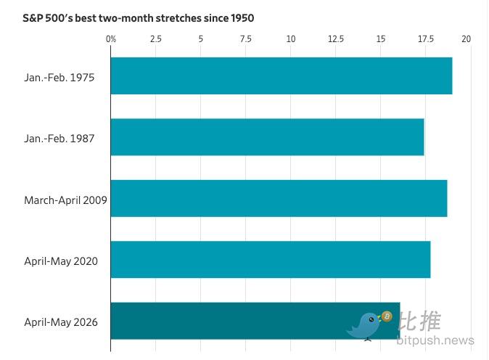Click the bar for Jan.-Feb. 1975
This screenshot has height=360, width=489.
coord(282,75)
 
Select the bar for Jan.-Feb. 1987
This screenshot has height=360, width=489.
coord(267,137)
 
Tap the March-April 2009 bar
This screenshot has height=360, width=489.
coord(279,198)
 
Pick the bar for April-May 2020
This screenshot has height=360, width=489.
coord(271,260)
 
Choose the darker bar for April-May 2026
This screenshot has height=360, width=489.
coord(255,321)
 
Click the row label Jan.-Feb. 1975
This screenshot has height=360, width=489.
coord(59,78)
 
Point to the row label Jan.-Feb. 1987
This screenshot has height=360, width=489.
coord(59,139)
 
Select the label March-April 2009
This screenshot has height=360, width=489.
coord(65,200)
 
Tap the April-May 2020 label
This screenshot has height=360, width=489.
coord(61,261)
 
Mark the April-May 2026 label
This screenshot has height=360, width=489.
coord(61,322)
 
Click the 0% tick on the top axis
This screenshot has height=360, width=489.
coord(111,39)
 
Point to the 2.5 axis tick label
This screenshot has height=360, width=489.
coord(156,39)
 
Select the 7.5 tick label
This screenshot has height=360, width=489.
coord(246,39)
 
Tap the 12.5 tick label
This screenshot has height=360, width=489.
coord(336,39)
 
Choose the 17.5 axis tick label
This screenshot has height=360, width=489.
coord(426,39)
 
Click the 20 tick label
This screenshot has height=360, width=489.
coord(467,39)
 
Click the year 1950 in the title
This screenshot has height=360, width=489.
coord(242,18)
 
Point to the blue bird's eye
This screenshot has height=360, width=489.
coord(371,320)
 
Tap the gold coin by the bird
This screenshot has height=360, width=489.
coord(387,316)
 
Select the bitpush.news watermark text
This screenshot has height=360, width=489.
coord(435,340)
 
